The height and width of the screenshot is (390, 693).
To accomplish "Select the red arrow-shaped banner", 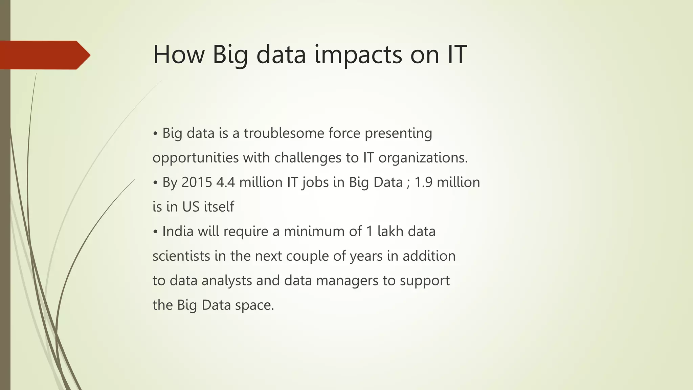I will tap(44, 55).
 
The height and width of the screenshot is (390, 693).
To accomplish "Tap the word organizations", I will tap(423, 158).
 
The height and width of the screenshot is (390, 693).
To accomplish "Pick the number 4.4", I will tap(225, 182).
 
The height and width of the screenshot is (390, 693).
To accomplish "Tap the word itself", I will tap(219, 207).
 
